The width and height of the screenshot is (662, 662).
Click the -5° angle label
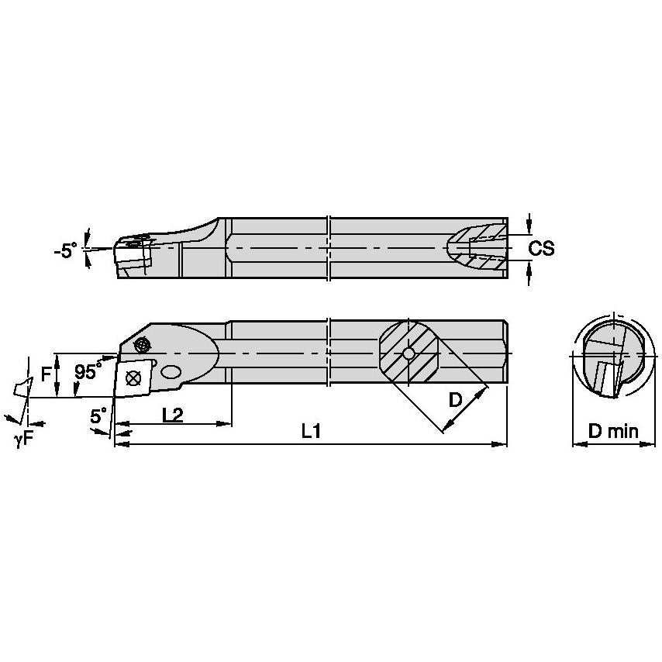[65, 250]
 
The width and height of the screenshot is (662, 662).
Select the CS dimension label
[541, 248]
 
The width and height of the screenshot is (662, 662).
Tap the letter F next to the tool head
[46, 374]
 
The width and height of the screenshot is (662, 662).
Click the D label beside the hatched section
[456, 401]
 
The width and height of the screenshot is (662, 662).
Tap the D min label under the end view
[612, 431]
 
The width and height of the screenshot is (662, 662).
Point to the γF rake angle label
[24, 439]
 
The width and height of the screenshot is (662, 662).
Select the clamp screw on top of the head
[142, 344]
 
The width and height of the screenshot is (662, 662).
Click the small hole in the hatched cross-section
[409, 354]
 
